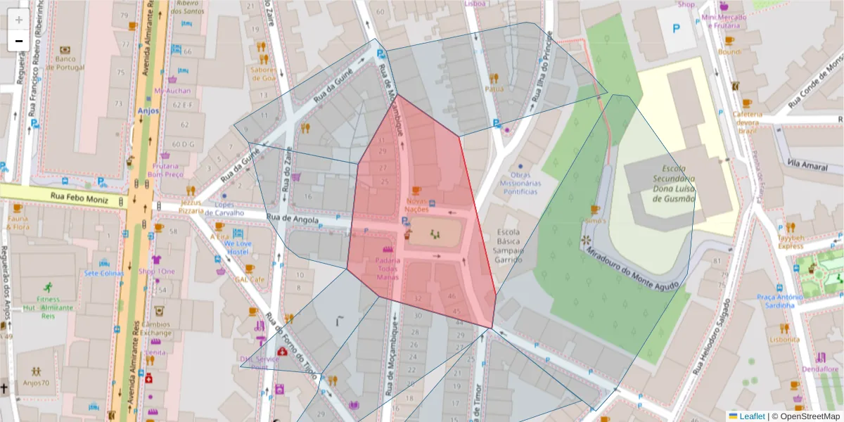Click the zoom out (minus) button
[x=19, y=41]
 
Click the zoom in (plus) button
[x=19, y=20]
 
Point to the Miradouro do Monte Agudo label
[x=632, y=269]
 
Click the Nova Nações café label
[x=416, y=205]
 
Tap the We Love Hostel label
[x=238, y=248]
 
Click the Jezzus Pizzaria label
[x=191, y=205]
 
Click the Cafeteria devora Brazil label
[x=747, y=122]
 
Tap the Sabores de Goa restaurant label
[x=262, y=73]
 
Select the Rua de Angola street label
[x=293, y=219]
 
